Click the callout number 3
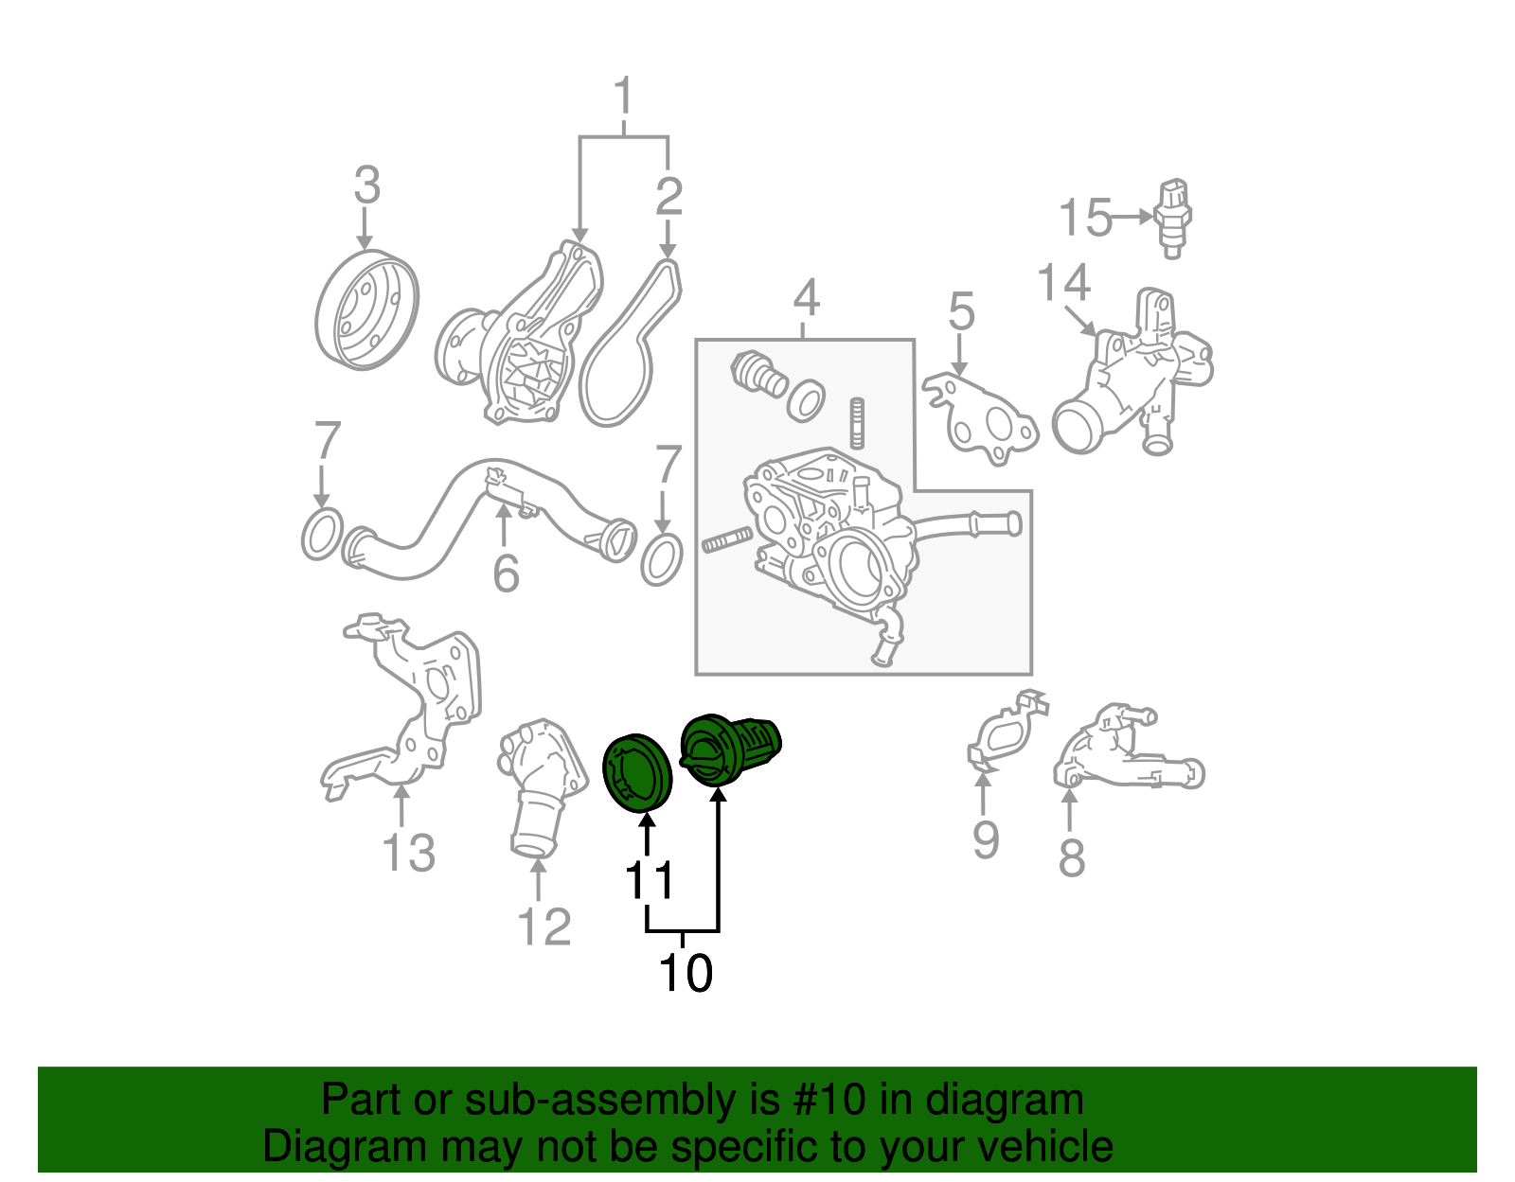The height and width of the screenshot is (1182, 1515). pyautogui.click(x=366, y=185)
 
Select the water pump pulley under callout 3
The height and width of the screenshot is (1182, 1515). pyautogui.click(x=365, y=309)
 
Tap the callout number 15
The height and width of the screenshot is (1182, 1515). pyautogui.click(x=1084, y=218)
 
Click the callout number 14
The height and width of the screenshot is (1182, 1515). pyautogui.click(x=1063, y=282)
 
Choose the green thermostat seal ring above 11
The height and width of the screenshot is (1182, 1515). pyautogui.click(x=637, y=772)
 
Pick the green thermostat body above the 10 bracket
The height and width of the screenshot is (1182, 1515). pyautogui.click(x=729, y=750)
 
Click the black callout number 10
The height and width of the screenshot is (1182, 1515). pyautogui.click(x=686, y=973)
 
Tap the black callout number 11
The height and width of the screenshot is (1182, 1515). pyautogui.click(x=650, y=880)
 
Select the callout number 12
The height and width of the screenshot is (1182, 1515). pyautogui.click(x=544, y=926)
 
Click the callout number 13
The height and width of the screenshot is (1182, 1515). pyautogui.click(x=408, y=853)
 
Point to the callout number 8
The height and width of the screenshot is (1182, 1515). pyautogui.click(x=1071, y=858)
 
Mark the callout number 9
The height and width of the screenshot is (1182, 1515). pyautogui.click(x=986, y=839)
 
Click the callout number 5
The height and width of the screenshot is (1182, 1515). pyautogui.click(x=961, y=311)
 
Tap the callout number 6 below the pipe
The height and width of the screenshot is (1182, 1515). pyautogui.click(x=507, y=573)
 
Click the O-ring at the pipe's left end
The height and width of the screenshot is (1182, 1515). pyautogui.click(x=321, y=534)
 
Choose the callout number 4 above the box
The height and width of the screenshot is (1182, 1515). pyautogui.click(x=806, y=298)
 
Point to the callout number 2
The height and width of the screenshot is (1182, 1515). pyautogui.click(x=668, y=197)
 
